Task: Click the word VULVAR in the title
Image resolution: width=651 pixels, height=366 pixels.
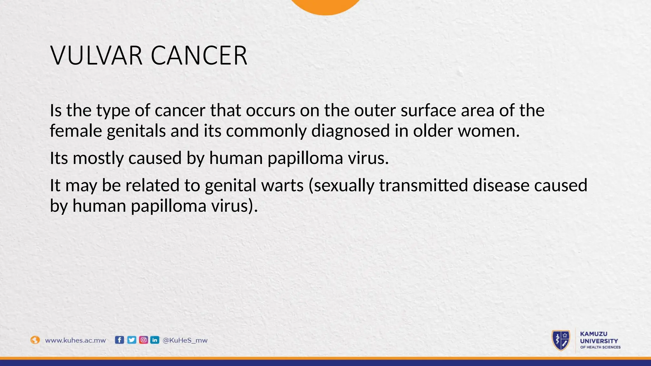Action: point(96,56)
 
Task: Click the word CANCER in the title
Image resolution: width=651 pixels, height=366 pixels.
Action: point(199,56)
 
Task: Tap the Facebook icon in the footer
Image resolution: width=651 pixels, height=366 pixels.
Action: point(119,340)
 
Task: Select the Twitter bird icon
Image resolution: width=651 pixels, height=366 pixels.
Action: point(132,340)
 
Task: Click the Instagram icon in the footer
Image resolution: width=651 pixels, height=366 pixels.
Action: point(144,340)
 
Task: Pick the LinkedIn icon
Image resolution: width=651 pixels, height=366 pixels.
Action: point(155,340)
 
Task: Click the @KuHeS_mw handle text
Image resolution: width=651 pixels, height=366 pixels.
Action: point(185,340)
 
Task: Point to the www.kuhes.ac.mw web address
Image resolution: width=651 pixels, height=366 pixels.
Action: point(75,340)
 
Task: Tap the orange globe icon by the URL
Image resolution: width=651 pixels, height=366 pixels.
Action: point(35,340)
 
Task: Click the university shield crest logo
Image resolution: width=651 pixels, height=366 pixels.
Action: point(561,340)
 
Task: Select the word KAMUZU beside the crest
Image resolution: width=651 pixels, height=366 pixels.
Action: point(593,334)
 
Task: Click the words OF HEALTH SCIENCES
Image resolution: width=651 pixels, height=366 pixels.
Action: point(600,347)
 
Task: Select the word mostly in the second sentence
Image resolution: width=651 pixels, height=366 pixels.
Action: point(98,158)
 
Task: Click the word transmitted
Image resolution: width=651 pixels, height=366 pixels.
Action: point(423,186)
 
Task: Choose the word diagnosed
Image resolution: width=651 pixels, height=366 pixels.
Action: point(350,131)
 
